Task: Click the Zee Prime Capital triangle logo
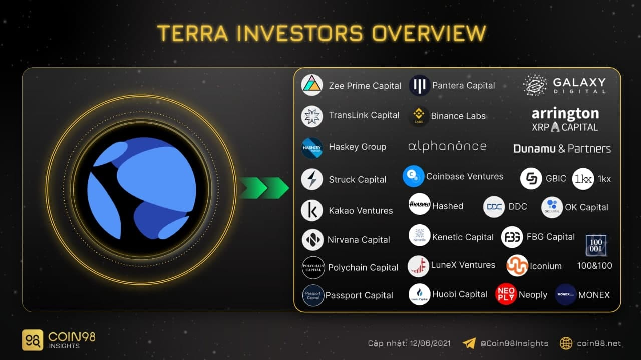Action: pos(312,85)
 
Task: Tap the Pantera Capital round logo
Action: pos(419,85)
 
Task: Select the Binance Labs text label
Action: pos(458,116)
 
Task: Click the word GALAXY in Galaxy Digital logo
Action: pos(579,83)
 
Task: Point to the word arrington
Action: pos(565,114)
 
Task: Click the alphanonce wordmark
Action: pos(447,147)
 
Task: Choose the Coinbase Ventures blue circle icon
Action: pos(413,176)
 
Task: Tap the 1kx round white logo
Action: pos(583,179)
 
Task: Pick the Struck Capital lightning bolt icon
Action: pos(312,179)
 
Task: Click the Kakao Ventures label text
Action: pos(361,211)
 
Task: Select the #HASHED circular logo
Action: pos(419,204)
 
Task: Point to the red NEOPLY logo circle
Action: pos(506,294)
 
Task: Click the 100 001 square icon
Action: pos(596,245)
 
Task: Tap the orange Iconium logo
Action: pos(517,265)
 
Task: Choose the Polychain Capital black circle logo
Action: pos(313,267)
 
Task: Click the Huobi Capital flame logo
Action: pos(419,294)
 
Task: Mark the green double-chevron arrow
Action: pos(264,188)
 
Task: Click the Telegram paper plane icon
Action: pos(469,343)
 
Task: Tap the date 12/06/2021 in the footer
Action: pos(430,343)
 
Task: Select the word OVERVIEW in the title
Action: pos(429,33)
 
